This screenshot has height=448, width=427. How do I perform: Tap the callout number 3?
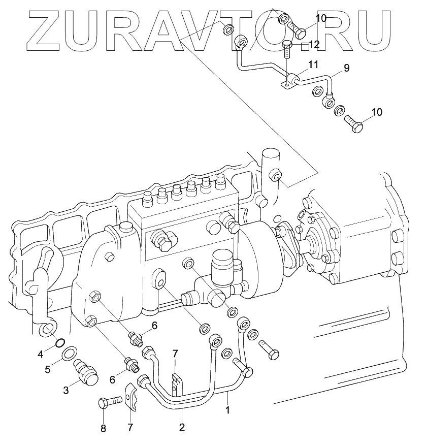pyautogui.click(x=66, y=390)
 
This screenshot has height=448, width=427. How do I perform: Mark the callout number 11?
pyautogui.click(x=313, y=65)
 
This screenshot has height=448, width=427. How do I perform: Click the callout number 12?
pyautogui.click(x=314, y=45)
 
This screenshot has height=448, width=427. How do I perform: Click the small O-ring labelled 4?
pyautogui.click(x=59, y=340)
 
